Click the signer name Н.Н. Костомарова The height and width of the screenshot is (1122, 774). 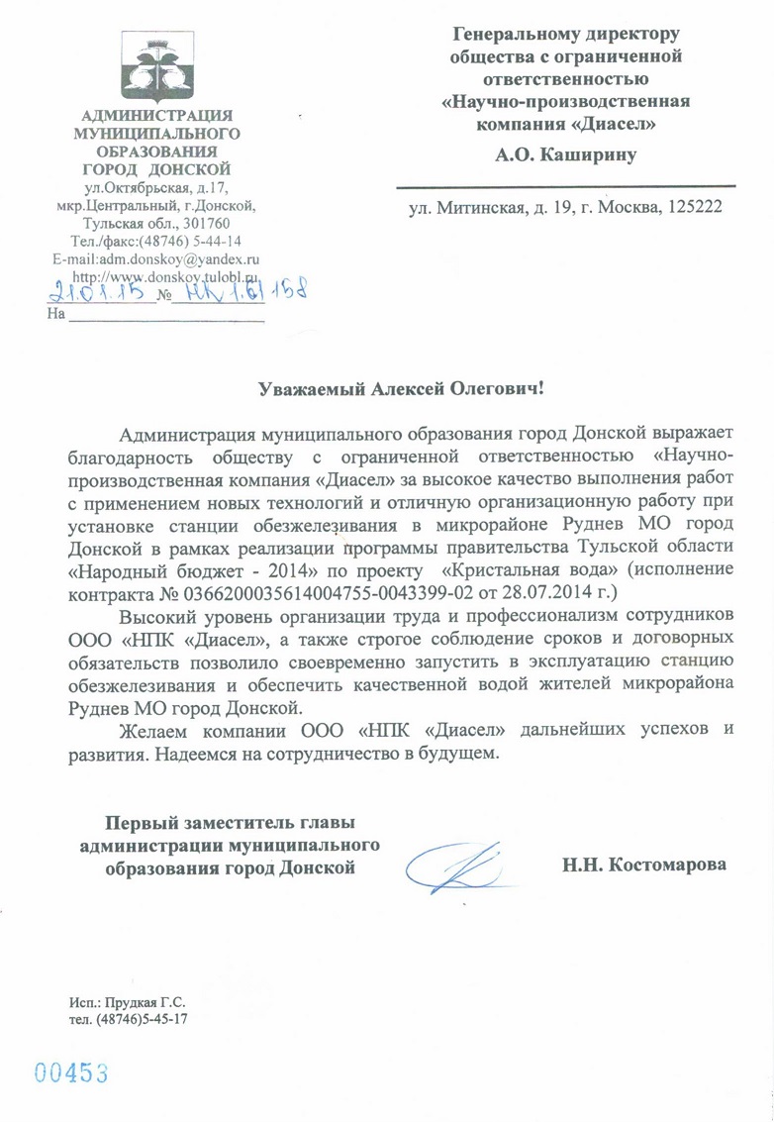[x=644, y=865]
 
